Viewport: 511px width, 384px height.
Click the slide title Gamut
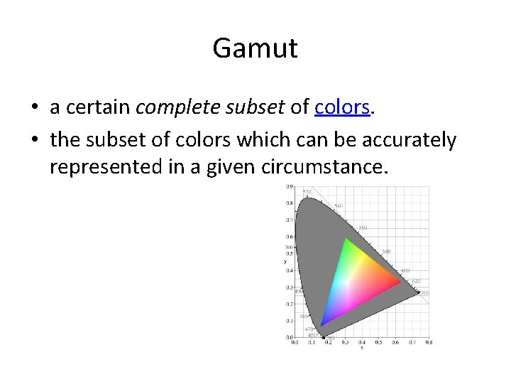tap(255, 49)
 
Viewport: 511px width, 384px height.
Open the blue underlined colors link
tap(342, 107)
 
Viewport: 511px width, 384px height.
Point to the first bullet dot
tap(34, 108)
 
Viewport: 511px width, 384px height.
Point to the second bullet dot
tap(34, 141)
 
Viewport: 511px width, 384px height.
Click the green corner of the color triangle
tap(346, 239)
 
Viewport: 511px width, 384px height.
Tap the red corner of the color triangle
tap(400, 283)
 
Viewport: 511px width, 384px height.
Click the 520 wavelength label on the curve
tap(307, 192)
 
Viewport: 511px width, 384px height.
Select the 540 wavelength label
tap(339, 206)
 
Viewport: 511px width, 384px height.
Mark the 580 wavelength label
tap(386, 251)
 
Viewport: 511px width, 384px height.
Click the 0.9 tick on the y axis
tap(290, 187)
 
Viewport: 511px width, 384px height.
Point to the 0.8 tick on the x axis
tap(428, 342)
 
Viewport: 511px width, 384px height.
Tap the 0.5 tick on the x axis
tap(378, 342)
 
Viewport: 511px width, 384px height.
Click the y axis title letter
tap(285, 261)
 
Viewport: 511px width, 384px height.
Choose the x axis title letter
tap(362, 347)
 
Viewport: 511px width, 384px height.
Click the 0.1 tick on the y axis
tap(290, 321)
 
